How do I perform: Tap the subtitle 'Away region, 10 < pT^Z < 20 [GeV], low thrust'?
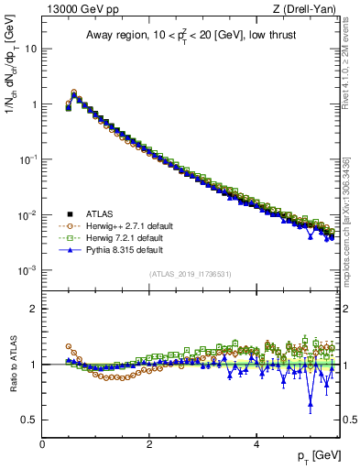[x=191, y=35]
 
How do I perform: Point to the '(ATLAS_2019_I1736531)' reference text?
[x=190, y=274]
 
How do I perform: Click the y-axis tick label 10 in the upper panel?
[x=30, y=48]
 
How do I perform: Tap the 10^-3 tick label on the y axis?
[x=27, y=270]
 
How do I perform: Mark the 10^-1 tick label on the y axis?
[x=27, y=159]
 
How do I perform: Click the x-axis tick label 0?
[x=42, y=444]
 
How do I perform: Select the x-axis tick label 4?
[x=256, y=444]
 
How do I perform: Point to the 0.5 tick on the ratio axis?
[x=29, y=420]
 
